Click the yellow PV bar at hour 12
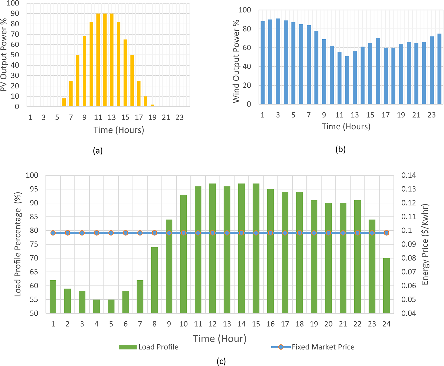(105, 60)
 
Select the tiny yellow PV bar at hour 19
(152, 105)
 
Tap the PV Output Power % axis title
(4, 55)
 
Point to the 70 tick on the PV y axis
(15, 34)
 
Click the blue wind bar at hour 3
(278, 61)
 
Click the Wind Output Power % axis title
(236, 62)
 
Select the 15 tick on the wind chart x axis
(370, 115)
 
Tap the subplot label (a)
(98, 151)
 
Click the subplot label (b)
(341, 149)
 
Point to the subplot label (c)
(221, 361)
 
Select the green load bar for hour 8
(155, 280)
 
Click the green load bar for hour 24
(386, 286)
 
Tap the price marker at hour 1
(53, 233)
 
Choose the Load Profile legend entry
(149, 347)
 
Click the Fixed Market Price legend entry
(313, 347)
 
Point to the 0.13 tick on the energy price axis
(408, 189)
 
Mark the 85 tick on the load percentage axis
(34, 217)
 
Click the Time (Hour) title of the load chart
(219, 339)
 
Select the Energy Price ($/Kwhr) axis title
(425, 244)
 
